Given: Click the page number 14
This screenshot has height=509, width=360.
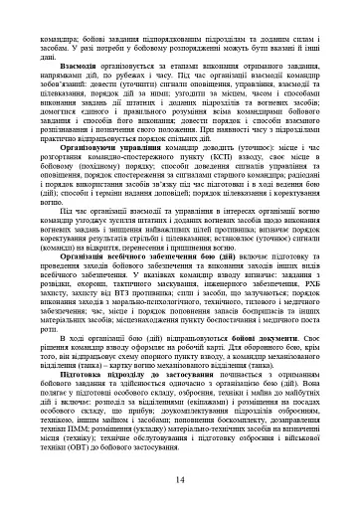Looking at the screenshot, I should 180,481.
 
